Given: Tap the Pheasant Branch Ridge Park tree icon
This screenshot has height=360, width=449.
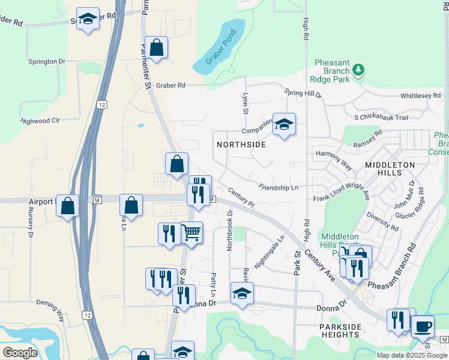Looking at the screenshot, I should (x=358, y=70).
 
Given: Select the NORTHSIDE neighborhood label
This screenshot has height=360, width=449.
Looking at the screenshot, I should (x=241, y=145).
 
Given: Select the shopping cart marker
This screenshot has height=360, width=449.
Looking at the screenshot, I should (x=191, y=232).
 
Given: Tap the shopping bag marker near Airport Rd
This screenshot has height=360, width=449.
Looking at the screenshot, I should (x=68, y=205).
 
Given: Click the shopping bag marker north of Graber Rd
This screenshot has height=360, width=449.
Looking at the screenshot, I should (x=156, y=48).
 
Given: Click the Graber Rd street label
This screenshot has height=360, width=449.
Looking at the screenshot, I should (x=170, y=86).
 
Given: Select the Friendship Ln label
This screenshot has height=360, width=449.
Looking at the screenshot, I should (x=279, y=188).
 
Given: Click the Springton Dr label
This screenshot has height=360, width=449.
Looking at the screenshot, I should (x=46, y=62).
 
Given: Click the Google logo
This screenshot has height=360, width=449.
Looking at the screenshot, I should (x=19, y=352).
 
